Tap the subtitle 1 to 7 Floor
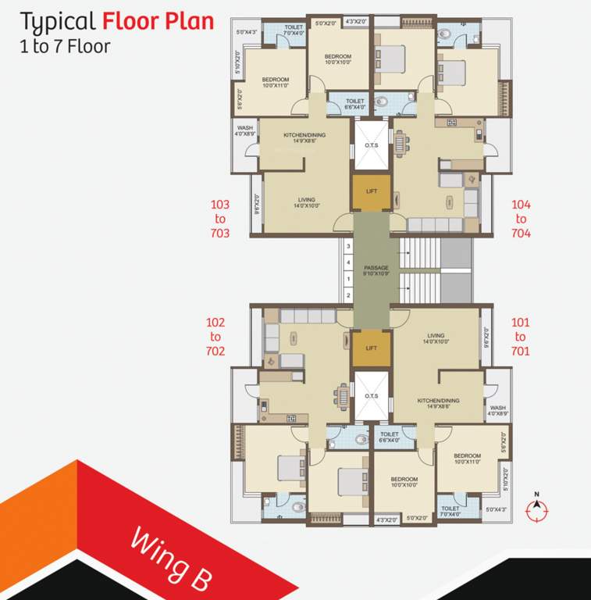[65, 45]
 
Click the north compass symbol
[536, 510]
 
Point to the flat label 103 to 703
[220, 218]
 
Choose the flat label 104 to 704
[521, 218]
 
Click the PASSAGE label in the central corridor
[376, 271]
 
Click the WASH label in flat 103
[244, 130]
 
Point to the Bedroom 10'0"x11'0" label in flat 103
[276, 83]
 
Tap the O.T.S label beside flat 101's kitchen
[371, 396]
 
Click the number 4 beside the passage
[347, 262]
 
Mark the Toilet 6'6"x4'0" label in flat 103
[355, 104]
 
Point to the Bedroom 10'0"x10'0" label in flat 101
[404, 482]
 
